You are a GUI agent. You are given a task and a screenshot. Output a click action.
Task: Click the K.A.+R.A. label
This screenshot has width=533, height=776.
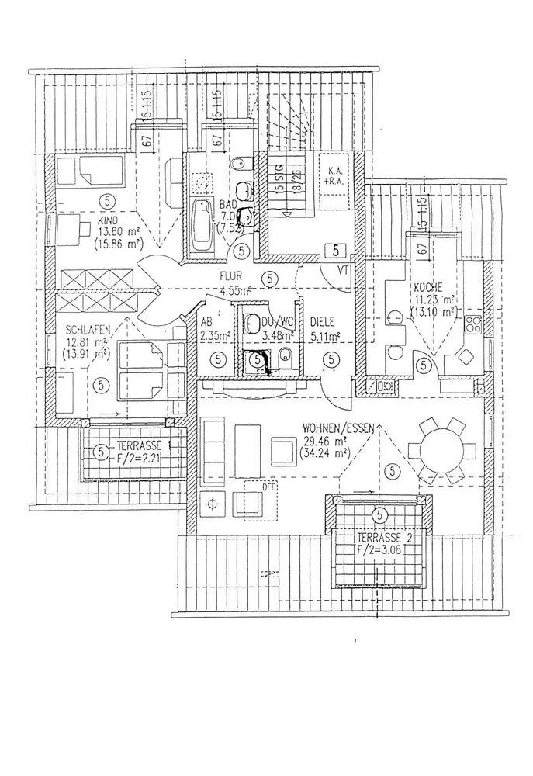point(336,177)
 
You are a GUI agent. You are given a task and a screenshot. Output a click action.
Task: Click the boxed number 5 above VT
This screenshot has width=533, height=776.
point(334,251)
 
